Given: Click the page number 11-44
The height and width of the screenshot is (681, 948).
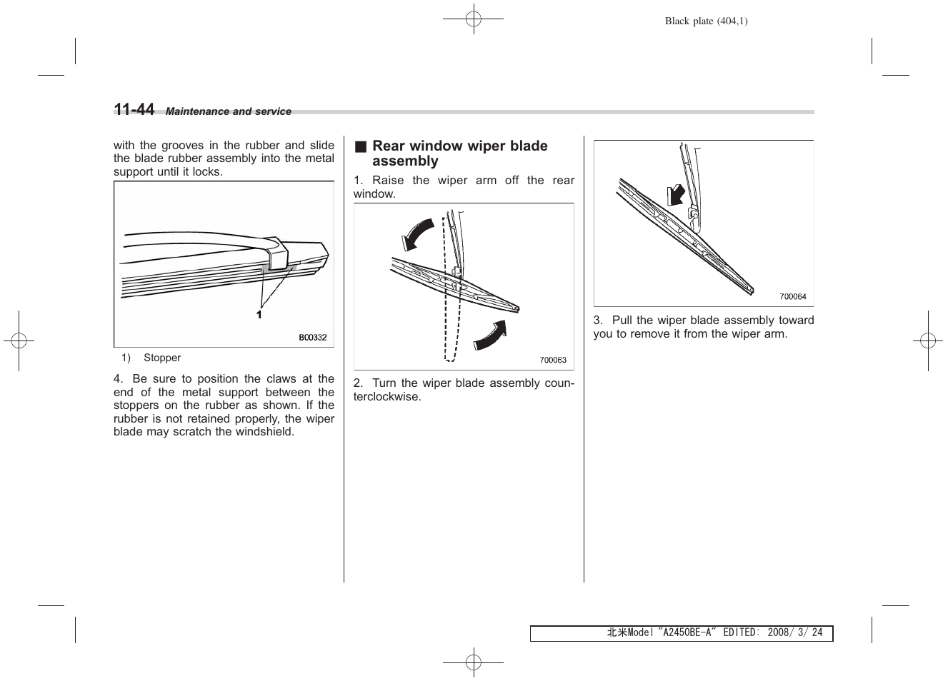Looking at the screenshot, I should (x=134, y=109).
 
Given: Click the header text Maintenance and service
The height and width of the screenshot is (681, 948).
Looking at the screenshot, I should (x=229, y=111).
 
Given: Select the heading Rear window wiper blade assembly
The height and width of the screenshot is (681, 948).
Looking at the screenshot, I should (x=459, y=153).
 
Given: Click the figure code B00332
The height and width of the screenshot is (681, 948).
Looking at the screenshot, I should (x=312, y=338).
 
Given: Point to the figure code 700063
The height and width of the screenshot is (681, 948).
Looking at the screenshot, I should (x=553, y=360).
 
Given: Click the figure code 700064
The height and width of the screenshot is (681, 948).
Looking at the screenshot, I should (x=792, y=297).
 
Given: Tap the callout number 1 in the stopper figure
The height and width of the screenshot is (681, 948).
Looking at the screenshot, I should (x=259, y=315).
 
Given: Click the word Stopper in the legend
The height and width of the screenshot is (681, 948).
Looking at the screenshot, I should (x=162, y=358).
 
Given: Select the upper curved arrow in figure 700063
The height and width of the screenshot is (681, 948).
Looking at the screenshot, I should (x=417, y=233).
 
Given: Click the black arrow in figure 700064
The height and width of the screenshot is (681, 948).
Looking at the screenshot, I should (x=674, y=193).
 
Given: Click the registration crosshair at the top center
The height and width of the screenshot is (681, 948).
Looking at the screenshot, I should (x=473, y=19).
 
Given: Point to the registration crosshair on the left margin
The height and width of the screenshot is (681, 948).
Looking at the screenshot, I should (x=19, y=340).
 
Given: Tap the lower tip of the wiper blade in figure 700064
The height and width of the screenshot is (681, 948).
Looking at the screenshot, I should (x=749, y=290).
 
